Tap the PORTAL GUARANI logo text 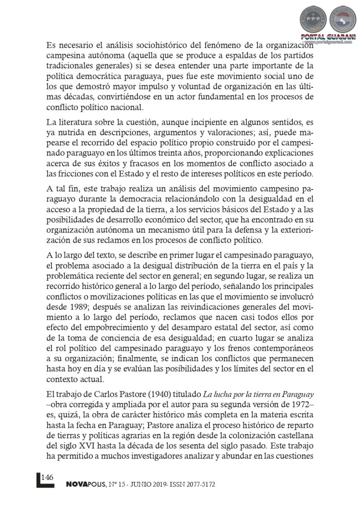pos(325,37)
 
